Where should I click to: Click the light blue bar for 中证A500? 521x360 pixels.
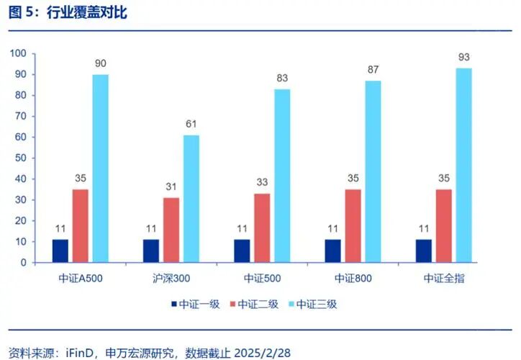coord(101,168)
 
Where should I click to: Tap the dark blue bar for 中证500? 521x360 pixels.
coord(242,251)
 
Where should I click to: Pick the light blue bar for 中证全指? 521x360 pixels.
coord(463,166)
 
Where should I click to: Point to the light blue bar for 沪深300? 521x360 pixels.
coord(191,199)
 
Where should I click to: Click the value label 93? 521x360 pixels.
coord(463,57)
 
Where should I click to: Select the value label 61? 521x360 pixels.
coord(191,124)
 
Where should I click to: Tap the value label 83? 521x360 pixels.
coord(282,78)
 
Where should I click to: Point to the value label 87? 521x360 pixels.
coord(373,69)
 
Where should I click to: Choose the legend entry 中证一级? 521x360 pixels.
coord(198,304)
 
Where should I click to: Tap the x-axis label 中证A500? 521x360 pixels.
coord(81,279)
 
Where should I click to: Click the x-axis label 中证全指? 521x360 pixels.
coord(443,279)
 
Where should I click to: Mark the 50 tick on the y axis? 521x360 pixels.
coord(19,158)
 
